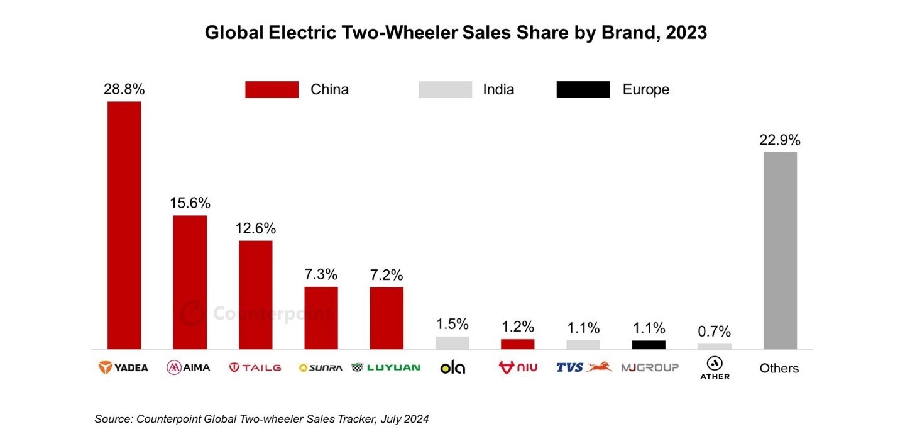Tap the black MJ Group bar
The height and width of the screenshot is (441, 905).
[649, 345]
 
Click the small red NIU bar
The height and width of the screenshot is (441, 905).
[517, 344]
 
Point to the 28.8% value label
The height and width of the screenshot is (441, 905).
[124, 89]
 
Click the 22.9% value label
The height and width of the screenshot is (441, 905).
[780, 140]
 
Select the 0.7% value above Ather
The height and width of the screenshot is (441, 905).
[715, 332]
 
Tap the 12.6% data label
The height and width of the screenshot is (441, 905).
[256, 228]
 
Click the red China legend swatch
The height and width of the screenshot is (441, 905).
[271, 89]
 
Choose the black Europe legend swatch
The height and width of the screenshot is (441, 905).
[583, 89]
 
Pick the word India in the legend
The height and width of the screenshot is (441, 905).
[498, 89]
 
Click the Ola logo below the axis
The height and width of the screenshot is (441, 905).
[452, 367]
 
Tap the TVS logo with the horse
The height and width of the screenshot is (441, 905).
[584, 367]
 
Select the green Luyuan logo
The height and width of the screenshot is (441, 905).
[386, 367]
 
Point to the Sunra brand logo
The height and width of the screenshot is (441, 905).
[321, 367]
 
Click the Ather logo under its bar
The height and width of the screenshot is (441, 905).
[715, 368]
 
